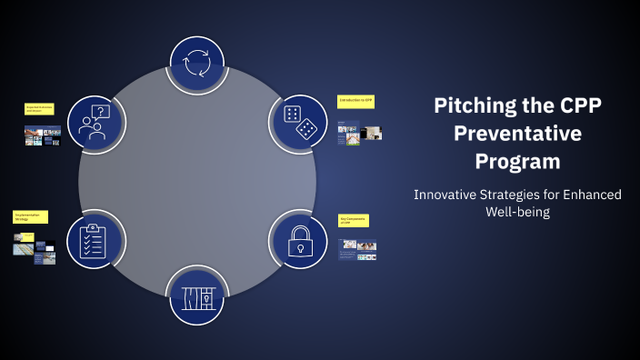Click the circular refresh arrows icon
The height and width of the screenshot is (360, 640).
click(197, 65)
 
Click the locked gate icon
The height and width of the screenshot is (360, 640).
click(197, 297)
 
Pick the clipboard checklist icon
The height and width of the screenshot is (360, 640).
click(95, 239)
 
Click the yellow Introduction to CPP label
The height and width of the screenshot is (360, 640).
click(355, 99)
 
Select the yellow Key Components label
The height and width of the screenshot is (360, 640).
click(353, 220)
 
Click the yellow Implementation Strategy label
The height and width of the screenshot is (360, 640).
click(30, 217)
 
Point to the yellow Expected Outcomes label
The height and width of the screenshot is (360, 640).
click(39, 108)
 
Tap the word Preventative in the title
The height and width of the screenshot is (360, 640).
click(517, 134)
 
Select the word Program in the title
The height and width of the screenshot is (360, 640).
click(517, 162)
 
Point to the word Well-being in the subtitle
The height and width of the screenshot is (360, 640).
click(518, 212)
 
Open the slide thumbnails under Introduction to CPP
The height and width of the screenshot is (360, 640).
click(359, 133)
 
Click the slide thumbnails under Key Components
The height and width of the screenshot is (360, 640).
click(356, 249)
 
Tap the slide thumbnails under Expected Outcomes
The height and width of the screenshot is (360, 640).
click(42, 136)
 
